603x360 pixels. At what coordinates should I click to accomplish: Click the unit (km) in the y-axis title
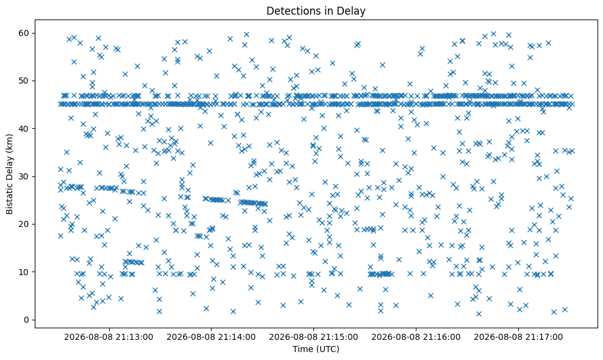pyautogui.click(x=9, y=142)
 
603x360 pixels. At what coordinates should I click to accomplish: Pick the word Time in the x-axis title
pyautogui.click(x=302, y=349)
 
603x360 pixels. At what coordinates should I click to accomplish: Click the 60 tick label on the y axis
pyautogui.click(x=24, y=33)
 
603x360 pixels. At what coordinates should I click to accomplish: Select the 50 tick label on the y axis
pyautogui.click(x=24, y=81)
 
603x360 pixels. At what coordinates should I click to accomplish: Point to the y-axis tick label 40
pyautogui.click(x=24, y=129)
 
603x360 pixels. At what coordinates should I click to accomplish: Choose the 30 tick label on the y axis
pyautogui.click(x=24, y=176)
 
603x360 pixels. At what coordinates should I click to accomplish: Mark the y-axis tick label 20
pyautogui.click(x=24, y=224)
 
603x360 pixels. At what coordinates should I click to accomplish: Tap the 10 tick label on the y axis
pyautogui.click(x=24, y=272)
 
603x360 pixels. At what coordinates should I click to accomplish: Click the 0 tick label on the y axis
pyautogui.click(x=26, y=320)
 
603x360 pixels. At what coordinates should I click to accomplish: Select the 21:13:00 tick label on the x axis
pyautogui.click(x=109, y=337)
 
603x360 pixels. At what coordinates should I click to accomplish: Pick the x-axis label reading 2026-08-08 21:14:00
pyautogui.click(x=211, y=337)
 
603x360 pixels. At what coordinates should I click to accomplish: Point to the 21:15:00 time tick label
pyautogui.click(x=313, y=337)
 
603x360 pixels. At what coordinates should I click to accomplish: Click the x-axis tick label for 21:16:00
pyautogui.click(x=416, y=337)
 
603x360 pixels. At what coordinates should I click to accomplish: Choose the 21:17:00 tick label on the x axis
pyautogui.click(x=518, y=337)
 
